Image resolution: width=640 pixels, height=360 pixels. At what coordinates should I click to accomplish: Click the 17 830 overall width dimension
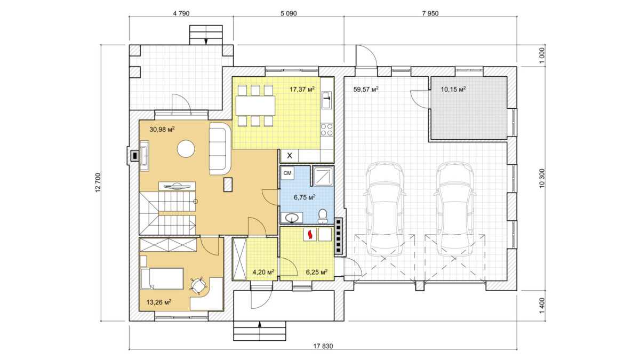323,346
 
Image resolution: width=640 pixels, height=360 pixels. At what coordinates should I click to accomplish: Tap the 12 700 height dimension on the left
98,182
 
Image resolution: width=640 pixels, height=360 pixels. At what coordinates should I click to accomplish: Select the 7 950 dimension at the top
430,13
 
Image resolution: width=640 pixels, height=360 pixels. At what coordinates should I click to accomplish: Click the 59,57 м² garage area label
366,89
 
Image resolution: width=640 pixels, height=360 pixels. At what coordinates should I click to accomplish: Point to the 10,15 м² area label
453,89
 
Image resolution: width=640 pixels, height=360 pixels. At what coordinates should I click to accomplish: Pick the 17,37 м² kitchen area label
302,89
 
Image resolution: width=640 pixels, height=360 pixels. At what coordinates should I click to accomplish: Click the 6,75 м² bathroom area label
305,197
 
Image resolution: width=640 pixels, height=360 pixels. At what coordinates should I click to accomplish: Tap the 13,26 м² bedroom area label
159,302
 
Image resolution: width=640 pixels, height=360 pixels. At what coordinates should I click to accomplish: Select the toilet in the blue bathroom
323,216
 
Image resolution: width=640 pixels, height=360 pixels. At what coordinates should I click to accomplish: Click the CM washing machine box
287,173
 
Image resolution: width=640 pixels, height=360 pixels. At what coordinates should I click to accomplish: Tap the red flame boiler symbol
310,235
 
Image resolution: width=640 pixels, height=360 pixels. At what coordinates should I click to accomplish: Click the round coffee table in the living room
186,149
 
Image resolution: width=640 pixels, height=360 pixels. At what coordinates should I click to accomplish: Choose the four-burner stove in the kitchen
327,130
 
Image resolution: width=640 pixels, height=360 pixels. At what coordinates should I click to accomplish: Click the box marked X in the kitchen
290,156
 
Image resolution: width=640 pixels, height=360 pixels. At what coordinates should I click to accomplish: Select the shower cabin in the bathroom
323,176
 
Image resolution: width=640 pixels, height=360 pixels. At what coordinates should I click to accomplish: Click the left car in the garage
385,209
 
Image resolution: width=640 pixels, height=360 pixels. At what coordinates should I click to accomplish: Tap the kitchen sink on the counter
326,100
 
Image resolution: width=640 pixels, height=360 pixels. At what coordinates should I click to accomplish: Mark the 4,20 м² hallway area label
263,271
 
